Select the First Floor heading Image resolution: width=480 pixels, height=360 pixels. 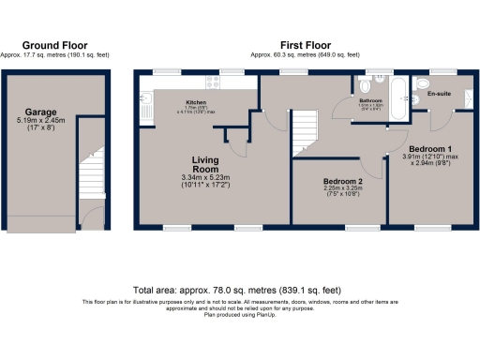click(304, 45)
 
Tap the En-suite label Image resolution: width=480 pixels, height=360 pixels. click(438, 95)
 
